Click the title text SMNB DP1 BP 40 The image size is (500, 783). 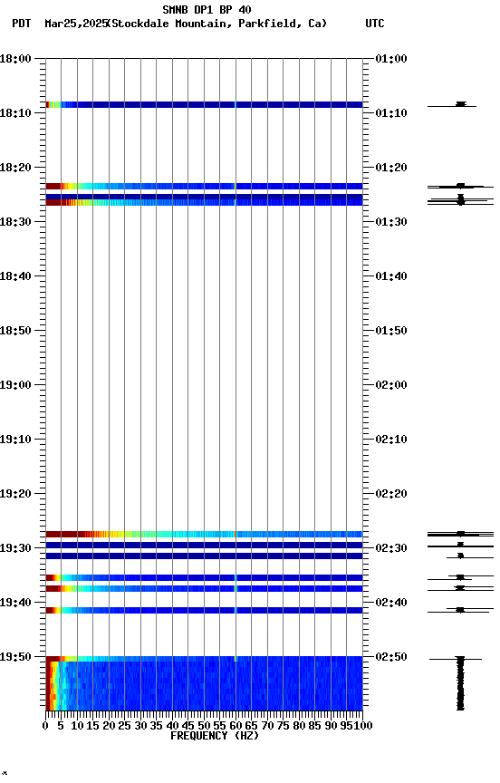[207, 10]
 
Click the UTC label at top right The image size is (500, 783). [375, 24]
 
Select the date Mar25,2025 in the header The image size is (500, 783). [74, 24]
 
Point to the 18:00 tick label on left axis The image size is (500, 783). [15, 59]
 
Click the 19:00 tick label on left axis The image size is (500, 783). [15, 385]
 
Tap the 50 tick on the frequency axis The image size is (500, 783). [204, 725]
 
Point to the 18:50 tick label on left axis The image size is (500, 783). [15, 331]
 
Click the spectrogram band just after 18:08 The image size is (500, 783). [204, 105]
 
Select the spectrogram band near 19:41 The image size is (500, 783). [204, 611]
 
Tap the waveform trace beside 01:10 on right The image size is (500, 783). [460, 105]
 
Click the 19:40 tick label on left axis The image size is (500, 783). [15, 603]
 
